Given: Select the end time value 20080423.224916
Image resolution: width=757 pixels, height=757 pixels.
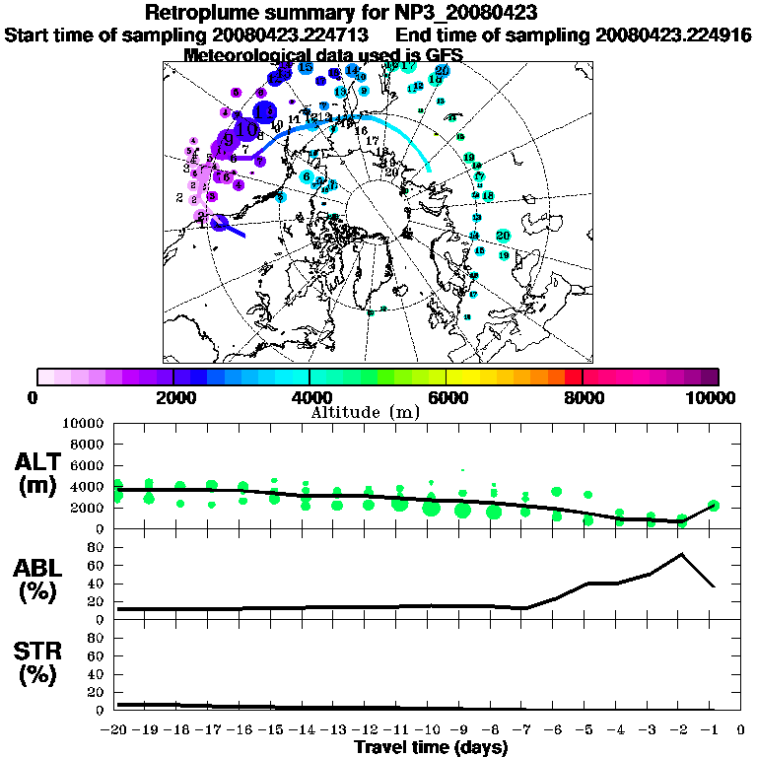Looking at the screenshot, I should [672, 35].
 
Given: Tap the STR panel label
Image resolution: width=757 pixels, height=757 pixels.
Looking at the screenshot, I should [40, 663].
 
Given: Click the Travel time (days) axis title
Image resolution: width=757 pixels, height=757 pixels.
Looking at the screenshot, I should [431, 747].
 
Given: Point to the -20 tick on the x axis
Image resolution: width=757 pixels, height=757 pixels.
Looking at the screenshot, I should [116, 729].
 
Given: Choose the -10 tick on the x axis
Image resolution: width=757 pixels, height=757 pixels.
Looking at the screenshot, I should [430, 729].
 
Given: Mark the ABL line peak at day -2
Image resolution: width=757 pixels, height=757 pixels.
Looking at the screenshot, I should [681, 554].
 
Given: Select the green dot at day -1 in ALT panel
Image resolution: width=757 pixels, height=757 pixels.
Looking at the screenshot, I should [713, 506].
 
